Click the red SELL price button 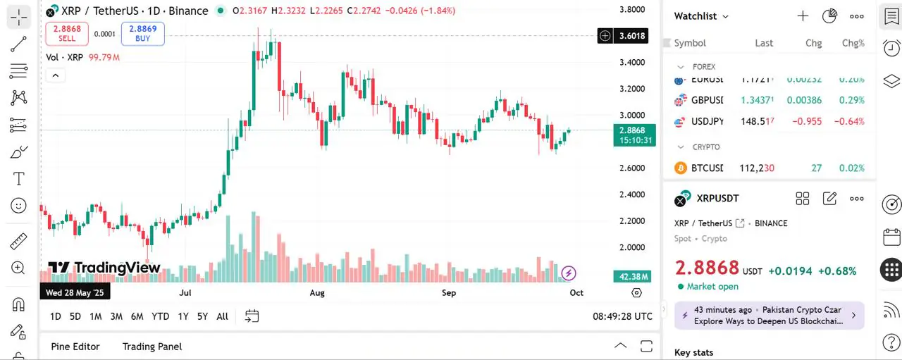point(67,33)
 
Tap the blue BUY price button point(142,33)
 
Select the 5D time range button point(75,316)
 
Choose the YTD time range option point(160,316)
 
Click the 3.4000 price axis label point(631,63)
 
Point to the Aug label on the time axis point(317,292)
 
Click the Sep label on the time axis point(448,292)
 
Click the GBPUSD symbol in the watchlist point(707,100)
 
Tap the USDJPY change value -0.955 point(807,121)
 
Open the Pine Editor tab point(75,347)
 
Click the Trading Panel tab point(152,347)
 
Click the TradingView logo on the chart point(104,268)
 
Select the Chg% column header point(853,43)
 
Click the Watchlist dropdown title point(701,16)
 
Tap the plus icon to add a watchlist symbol point(803,16)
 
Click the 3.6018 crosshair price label point(631,36)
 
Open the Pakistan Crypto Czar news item point(769,316)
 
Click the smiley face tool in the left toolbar point(18,206)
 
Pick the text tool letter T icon point(18,179)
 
